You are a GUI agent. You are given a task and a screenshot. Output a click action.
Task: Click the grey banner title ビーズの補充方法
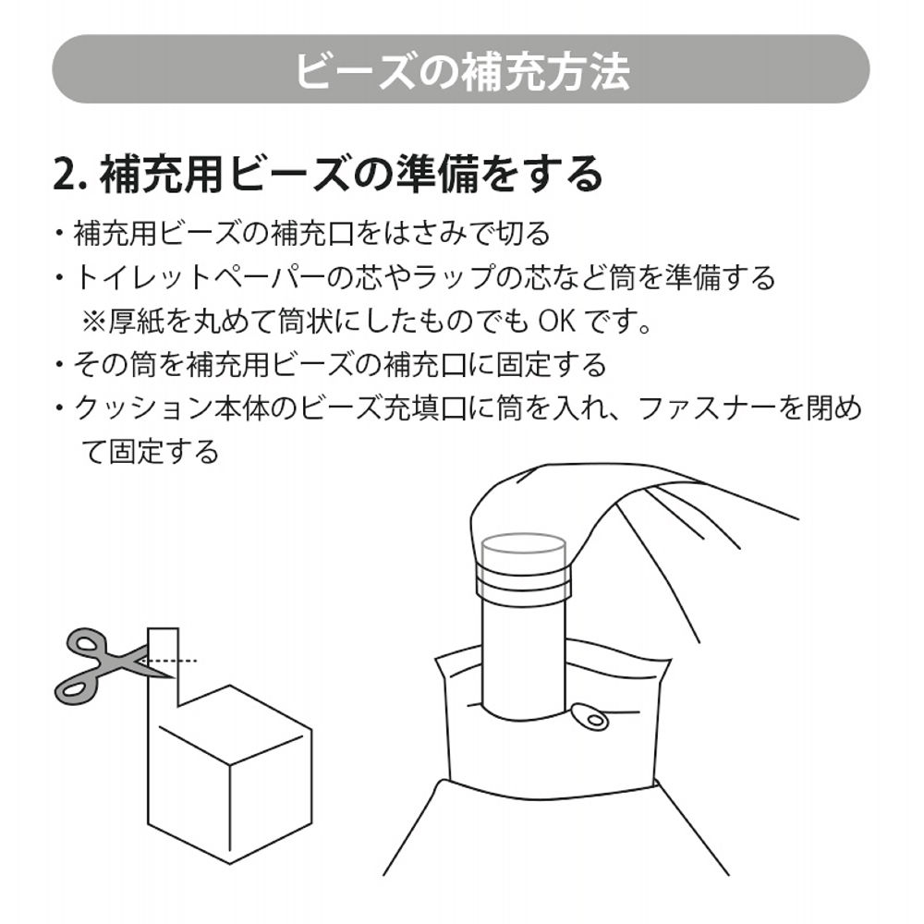461,69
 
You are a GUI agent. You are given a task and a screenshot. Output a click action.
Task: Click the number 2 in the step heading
64,174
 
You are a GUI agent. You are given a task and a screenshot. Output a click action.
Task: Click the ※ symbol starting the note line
95,322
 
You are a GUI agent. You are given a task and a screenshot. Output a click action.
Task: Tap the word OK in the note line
557,322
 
